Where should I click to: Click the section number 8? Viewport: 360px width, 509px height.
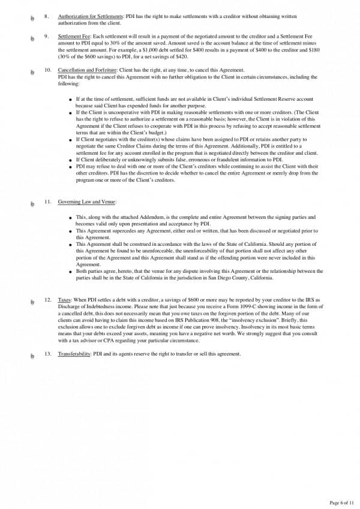pyautogui.click(x=46, y=16)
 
